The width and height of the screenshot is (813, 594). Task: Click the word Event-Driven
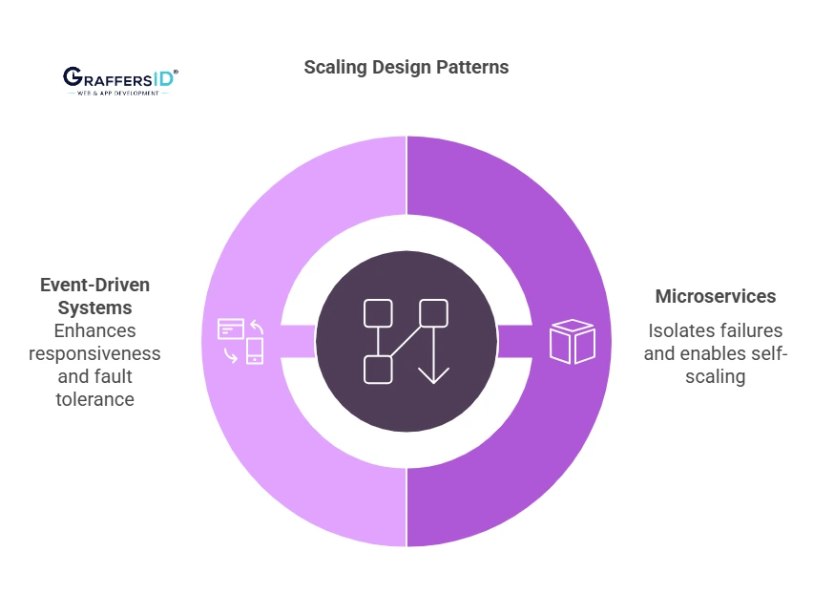(94, 286)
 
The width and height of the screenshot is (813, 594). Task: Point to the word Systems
(94, 308)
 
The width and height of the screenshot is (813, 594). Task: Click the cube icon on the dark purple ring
(572, 341)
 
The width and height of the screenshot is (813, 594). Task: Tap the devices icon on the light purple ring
(240, 341)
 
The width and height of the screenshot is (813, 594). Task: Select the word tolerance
(94, 399)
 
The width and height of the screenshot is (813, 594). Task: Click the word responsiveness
(94, 353)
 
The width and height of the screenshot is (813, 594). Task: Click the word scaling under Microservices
(716, 376)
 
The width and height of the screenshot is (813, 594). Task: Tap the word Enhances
(94, 331)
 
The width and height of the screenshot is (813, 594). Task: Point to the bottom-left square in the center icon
(378, 369)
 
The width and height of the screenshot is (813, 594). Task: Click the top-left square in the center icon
(378, 313)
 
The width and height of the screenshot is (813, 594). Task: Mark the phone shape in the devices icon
(255, 350)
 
